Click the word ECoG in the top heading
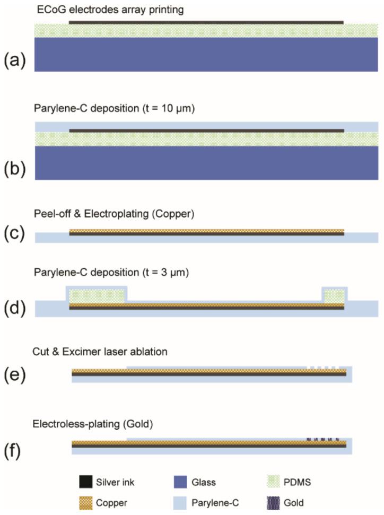pos(49,10)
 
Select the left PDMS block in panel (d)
pos(95,295)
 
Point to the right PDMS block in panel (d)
pos(334,295)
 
